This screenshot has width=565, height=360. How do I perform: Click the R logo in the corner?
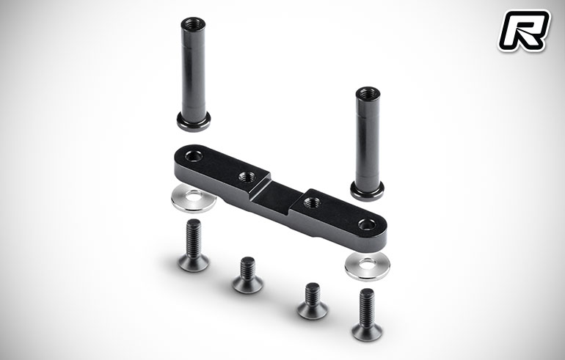click(524, 31)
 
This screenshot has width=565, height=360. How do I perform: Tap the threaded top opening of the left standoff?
click(193, 24)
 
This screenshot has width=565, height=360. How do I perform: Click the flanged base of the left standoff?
click(194, 121)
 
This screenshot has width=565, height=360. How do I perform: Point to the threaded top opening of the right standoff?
click(368, 93)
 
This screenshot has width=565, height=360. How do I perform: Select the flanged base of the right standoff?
click(367, 191)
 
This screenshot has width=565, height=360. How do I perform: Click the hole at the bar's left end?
click(194, 156)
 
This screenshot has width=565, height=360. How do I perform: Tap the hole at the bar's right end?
click(367, 225)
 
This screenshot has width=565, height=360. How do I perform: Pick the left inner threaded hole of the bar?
click(247, 177)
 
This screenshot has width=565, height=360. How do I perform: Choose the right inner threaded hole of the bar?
click(312, 202)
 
